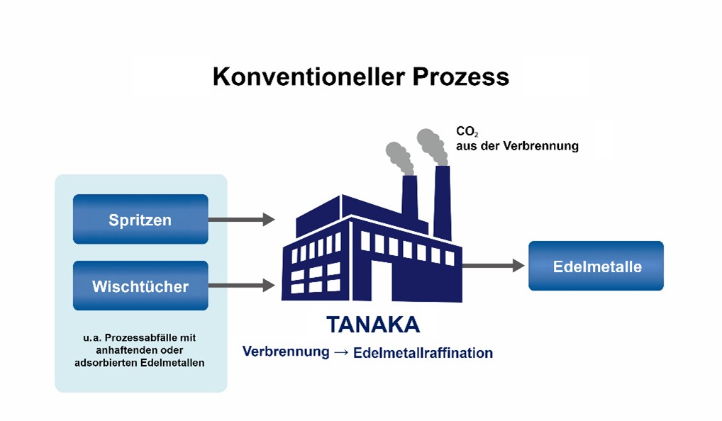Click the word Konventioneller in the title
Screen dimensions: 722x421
pyautogui.click(x=309, y=77)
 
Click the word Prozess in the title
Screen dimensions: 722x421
pyautogui.click(x=461, y=77)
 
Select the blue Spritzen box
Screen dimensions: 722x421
pyautogui.click(x=140, y=219)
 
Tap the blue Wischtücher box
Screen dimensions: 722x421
pyautogui.click(x=140, y=286)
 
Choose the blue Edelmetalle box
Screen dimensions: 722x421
pyautogui.click(x=596, y=266)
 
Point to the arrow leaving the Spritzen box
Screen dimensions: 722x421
pyautogui.click(x=242, y=220)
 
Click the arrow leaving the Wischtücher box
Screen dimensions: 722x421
pyautogui.click(x=242, y=285)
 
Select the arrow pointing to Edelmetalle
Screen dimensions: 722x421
pyautogui.click(x=493, y=266)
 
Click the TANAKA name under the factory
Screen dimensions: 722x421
pyautogui.click(x=373, y=325)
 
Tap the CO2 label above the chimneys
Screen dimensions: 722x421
pyautogui.click(x=467, y=132)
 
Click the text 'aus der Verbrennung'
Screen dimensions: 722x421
pyautogui.click(x=517, y=146)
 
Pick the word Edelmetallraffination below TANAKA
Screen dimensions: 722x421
pyautogui.click(x=423, y=353)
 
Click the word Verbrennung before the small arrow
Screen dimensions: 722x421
pyautogui.click(x=286, y=352)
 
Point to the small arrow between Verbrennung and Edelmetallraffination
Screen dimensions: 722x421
pyautogui.click(x=341, y=352)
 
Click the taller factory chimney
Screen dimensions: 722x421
pyautogui.click(x=443, y=203)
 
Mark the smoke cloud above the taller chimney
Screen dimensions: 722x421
pyautogui.click(x=433, y=146)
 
